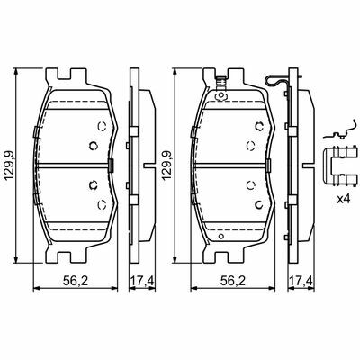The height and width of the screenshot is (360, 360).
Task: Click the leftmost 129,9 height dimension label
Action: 9,166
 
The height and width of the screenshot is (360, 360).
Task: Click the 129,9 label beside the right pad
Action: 166,166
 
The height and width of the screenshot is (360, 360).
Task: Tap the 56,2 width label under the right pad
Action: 233,281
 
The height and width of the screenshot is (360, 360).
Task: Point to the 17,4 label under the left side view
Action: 142,281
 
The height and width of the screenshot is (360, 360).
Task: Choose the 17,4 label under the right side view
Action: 301,281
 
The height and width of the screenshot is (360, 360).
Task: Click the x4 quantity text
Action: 344,199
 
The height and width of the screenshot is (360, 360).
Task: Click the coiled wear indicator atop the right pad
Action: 221,82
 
